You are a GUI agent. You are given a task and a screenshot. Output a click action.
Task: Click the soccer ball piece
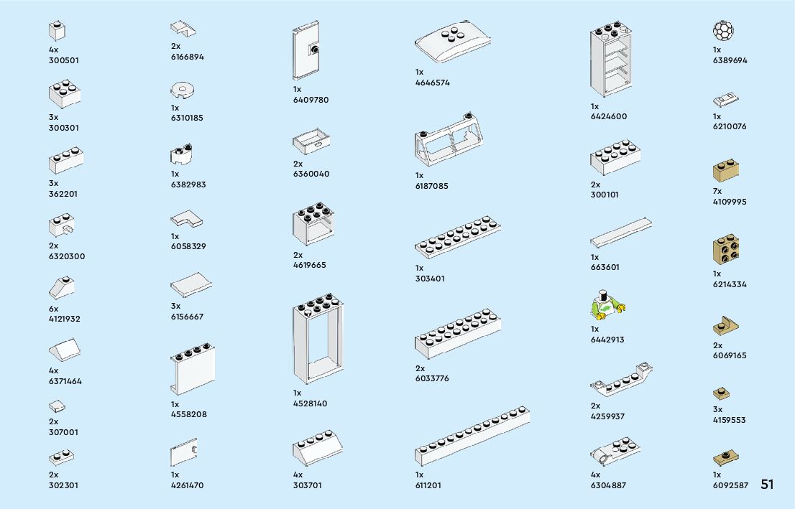click(723, 31)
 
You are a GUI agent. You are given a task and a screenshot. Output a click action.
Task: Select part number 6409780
click(311, 100)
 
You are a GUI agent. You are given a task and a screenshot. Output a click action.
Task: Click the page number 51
click(767, 485)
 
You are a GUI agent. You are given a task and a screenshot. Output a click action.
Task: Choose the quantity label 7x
click(717, 191)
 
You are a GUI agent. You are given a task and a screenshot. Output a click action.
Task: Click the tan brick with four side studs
click(727, 251)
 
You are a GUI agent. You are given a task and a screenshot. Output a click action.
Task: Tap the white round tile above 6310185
click(183, 90)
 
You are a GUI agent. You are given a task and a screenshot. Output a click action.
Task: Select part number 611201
click(428, 485)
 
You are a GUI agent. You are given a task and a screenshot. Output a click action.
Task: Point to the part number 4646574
click(433, 83)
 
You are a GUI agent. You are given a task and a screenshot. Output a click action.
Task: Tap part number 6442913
click(607, 340)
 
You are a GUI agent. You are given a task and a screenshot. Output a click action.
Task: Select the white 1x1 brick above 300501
click(58, 31)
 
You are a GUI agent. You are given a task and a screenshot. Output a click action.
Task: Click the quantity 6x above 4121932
click(53, 308)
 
